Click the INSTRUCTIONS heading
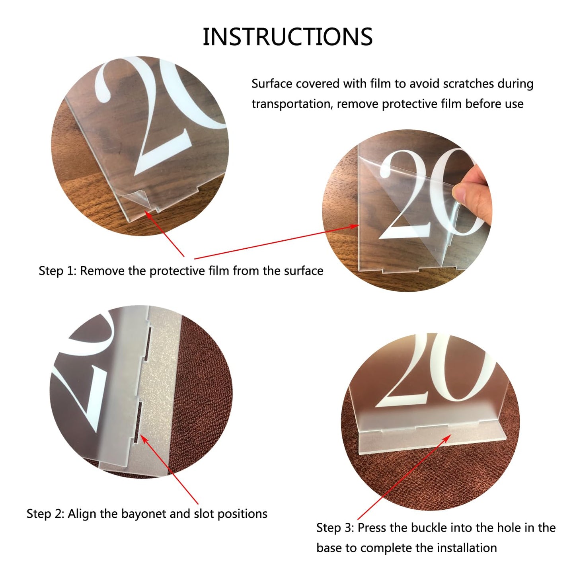287,37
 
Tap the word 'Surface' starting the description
272,84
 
